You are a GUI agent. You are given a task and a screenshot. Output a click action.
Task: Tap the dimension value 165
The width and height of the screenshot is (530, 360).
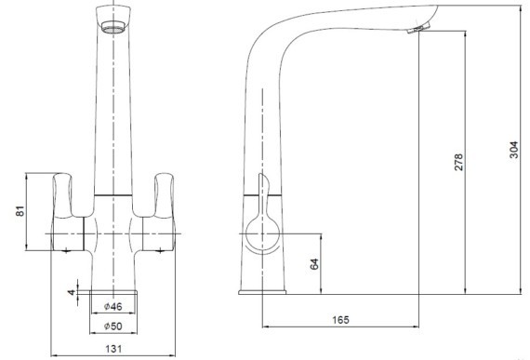coord(339,320)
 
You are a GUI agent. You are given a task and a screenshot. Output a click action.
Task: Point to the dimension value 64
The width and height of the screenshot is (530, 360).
coord(314,263)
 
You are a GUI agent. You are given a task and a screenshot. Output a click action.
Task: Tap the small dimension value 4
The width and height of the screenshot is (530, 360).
coord(70,293)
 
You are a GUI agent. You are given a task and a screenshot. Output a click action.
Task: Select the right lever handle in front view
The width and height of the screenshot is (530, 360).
coord(165,195)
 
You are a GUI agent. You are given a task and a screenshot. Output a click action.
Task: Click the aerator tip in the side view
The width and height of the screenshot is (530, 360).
coord(416,32)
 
